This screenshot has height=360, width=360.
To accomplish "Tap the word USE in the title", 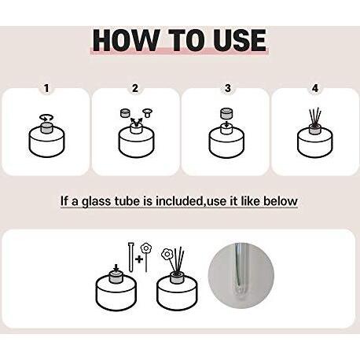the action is coord(240,41).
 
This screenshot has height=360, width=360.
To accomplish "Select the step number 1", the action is coord(46,88).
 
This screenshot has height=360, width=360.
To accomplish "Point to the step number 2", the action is coord(135,88).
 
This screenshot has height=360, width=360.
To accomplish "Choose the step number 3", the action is coord(228,88).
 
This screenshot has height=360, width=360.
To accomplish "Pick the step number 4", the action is coord(315,88).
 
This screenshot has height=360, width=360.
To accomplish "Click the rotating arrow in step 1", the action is coord(46,118).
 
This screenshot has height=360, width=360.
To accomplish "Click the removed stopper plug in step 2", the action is coord(148,114).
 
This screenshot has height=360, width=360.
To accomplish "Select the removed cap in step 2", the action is coord(126,113).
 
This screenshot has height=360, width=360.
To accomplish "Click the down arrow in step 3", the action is coord(226,123).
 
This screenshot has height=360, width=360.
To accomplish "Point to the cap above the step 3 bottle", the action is coord(226,113).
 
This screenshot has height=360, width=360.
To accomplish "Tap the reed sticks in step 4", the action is coord(315,116).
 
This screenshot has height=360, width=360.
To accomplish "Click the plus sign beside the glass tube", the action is coord(139,259).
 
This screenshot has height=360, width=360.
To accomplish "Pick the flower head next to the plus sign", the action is coord(145,248).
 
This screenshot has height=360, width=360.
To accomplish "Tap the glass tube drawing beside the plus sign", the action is coord(130,257).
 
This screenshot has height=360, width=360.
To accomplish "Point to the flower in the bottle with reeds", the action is coord(166,254).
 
